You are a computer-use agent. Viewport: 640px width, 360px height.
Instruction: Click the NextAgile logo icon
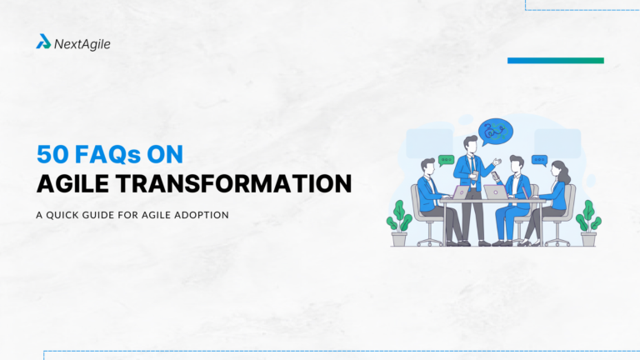click(x=43, y=41)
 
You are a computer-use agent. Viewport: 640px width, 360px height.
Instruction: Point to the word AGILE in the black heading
click(x=72, y=183)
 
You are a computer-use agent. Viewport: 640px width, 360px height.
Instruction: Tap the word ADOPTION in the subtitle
click(x=200, y=214)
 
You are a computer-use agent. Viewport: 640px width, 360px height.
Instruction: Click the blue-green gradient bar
click(x=555, y=60)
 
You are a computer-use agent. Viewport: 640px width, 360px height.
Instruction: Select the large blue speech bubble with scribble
click(x=496, y=130)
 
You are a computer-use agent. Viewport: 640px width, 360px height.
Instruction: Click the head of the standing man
click(x=472, y=144)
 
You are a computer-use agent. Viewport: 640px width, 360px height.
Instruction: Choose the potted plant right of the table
click(x=588, y=222)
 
